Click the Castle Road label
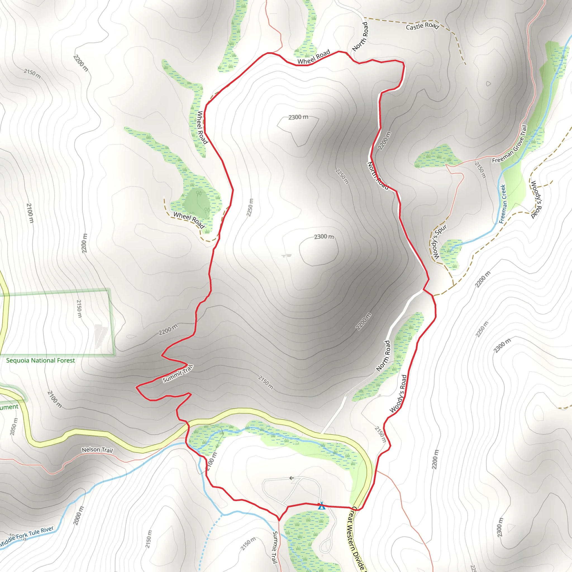coord(422,26)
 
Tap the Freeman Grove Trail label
coord(510,144)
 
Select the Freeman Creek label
coord(503,204)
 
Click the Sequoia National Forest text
coord(40,360)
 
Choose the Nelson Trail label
coord(97,450)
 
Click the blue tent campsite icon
coord(321,506)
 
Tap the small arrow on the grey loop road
coord(292,478)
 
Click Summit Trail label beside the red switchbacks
coord(178,374)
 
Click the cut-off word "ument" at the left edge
coord(9,407)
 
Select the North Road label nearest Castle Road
coord(361,36)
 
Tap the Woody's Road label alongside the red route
coord(399,394)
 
